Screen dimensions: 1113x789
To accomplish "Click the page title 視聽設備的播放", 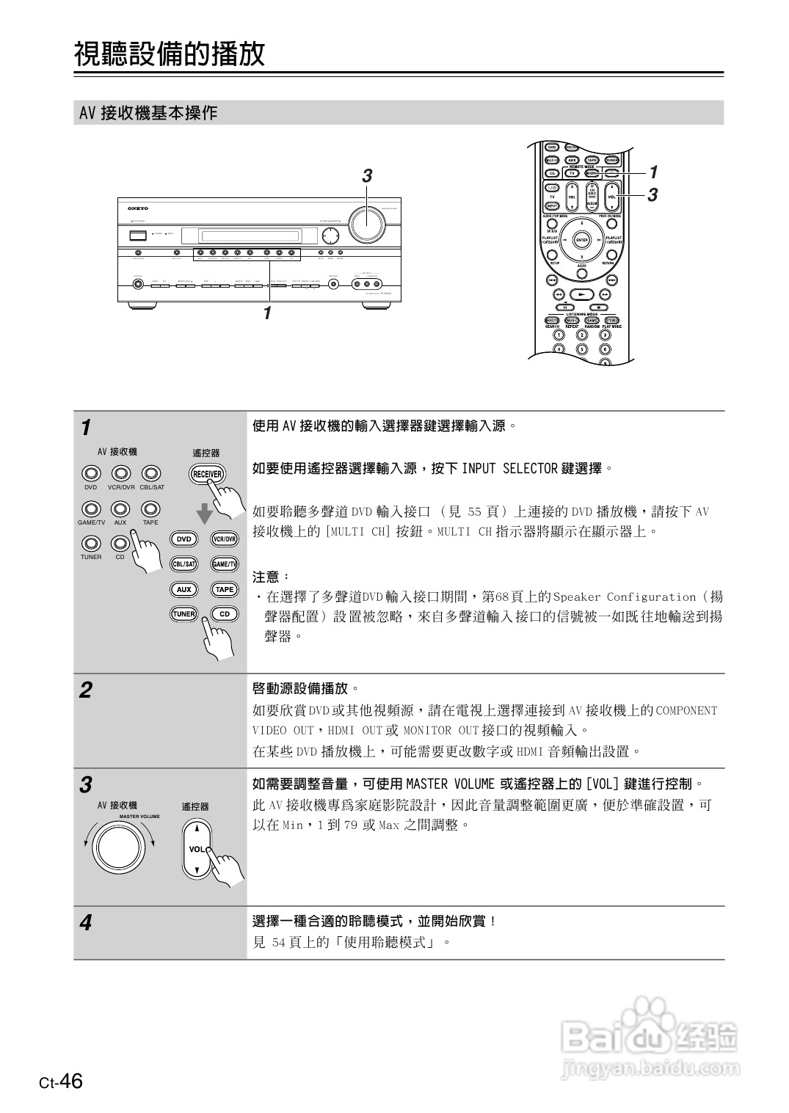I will (x=169, y=54).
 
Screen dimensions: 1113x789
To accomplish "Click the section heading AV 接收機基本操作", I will (x=148, y=113).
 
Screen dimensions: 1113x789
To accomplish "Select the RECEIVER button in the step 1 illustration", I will (x=207, y=474).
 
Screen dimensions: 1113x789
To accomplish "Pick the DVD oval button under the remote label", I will (x=184, y=539).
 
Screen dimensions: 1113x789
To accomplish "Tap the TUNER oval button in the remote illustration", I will (x=184, y=614).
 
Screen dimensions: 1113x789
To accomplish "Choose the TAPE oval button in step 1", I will (x=225, y=589).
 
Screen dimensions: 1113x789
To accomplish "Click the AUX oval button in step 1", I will (x=184, y=589).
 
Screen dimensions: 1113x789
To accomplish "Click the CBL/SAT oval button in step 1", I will (x=184, y=564).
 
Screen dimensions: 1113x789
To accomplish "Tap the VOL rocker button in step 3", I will (x=196, y=849).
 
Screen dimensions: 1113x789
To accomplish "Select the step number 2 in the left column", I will (x=86, y=690).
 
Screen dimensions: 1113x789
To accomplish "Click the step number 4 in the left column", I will (x=86, y=922).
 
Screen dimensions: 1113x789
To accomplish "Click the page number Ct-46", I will (x=62, y=1081).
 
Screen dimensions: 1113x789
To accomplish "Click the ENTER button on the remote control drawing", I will (x=582, y=240).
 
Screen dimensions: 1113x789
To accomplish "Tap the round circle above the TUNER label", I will (x=91, y=544).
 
